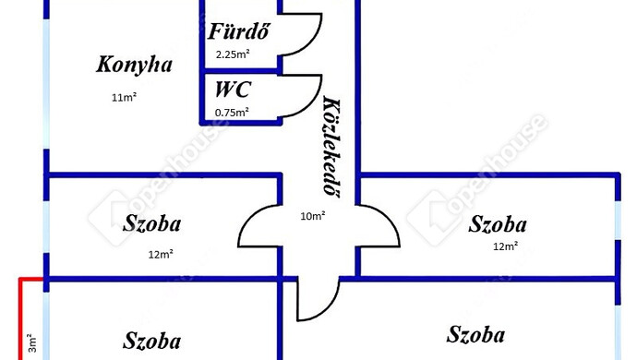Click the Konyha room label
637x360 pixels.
coord(134,65)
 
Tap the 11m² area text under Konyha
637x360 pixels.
coord(124,98)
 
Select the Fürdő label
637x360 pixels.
coord(238,30)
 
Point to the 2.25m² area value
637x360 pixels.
coord(233,54)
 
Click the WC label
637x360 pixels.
coord(233,90)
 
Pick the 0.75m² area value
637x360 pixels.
coord(232,113)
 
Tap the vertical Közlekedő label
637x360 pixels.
coord(332,146)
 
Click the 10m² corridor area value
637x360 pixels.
coord(312,216)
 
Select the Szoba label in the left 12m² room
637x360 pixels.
coord(152,223)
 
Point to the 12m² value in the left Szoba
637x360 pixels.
coord(161,255)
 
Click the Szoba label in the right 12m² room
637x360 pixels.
coord(498,224)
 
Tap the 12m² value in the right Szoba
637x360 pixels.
coord(505,246)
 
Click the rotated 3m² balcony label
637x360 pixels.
coord(32,343)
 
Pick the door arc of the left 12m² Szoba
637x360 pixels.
coord(248,217)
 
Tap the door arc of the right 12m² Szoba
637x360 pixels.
coord(390,217)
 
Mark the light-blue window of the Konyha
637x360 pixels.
coord(46,84)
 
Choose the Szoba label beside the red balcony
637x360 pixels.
coord(152,341)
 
